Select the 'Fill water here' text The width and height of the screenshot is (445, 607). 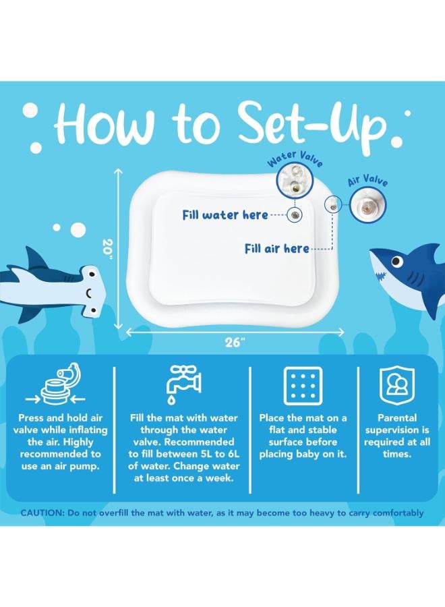pyautogui.click(x=225, y=214)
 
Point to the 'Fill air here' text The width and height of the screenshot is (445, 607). pyautogui.click(x=276, y=248)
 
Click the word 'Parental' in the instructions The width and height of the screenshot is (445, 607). pyautogui.click(x=397, y=417)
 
